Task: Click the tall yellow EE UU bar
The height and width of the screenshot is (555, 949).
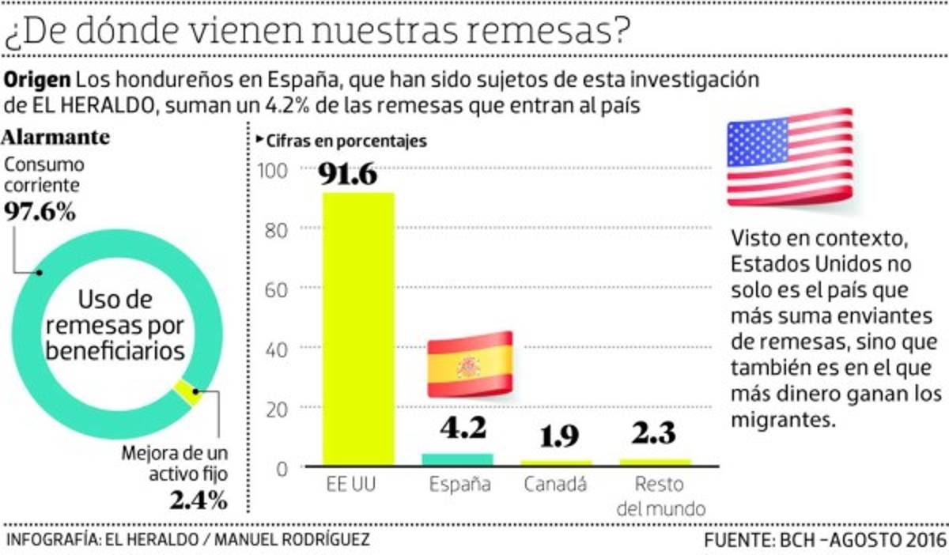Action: click(358, 328)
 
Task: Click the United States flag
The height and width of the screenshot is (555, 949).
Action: click(789, 157)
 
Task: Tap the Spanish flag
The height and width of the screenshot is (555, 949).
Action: click(471, 364)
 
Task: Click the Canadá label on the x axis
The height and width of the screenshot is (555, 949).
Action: click(556, 484)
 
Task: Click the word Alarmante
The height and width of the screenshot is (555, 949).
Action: click(56, 137)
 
